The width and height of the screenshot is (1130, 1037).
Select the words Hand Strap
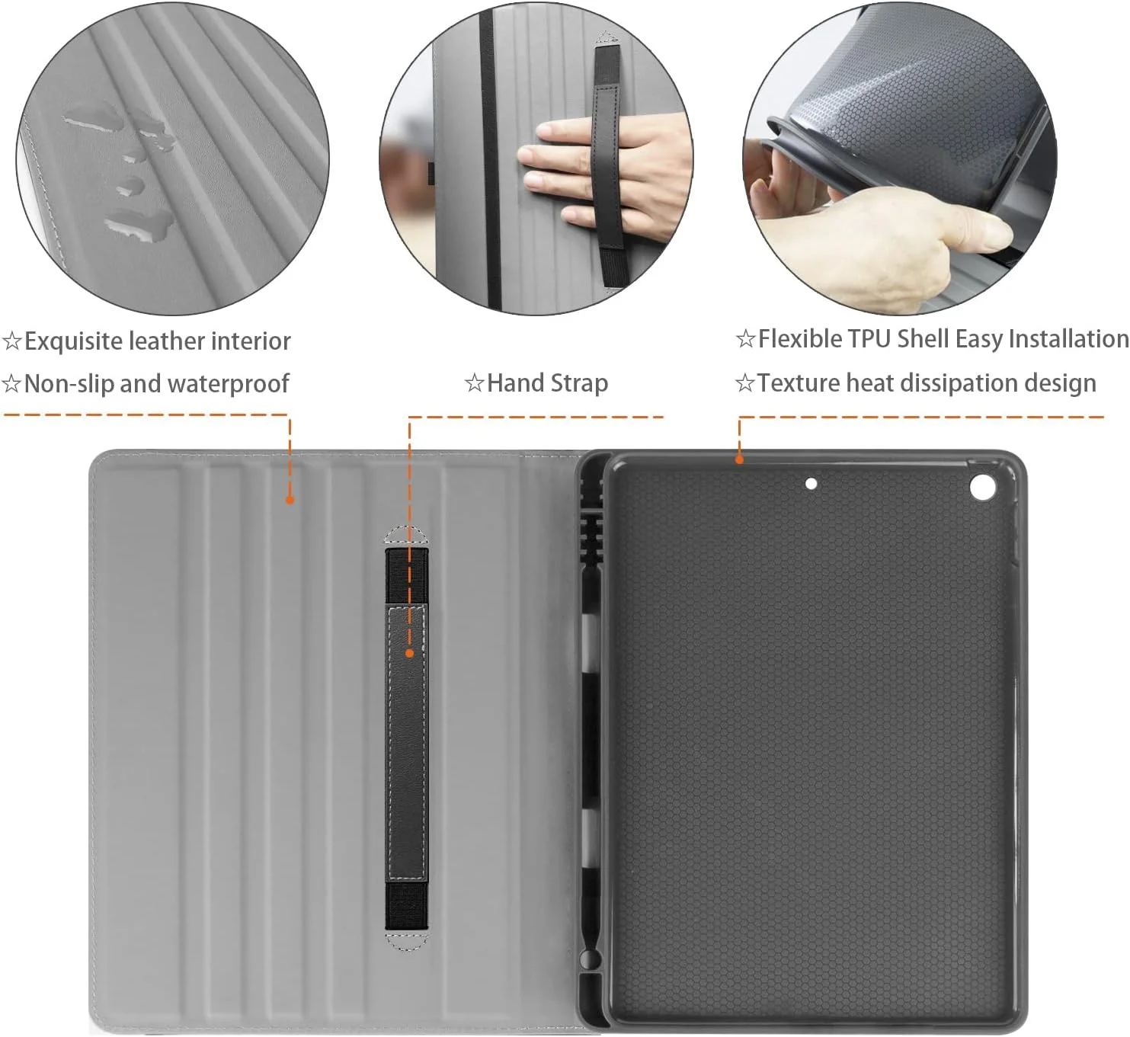point(548,383)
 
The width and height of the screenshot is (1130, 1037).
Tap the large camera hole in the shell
point(983,487)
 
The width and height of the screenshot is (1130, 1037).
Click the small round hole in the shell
point(811,484)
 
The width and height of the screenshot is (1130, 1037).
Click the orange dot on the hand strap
point(409,654)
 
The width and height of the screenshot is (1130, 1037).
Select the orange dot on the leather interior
point(290,500)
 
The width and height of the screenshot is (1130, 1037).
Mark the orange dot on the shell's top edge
point(739,460)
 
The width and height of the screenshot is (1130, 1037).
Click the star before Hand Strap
point(474,383)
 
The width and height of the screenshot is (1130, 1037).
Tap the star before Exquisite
point(12,341)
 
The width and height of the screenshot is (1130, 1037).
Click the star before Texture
point(744,383)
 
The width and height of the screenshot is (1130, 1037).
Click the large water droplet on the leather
point(139,223)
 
